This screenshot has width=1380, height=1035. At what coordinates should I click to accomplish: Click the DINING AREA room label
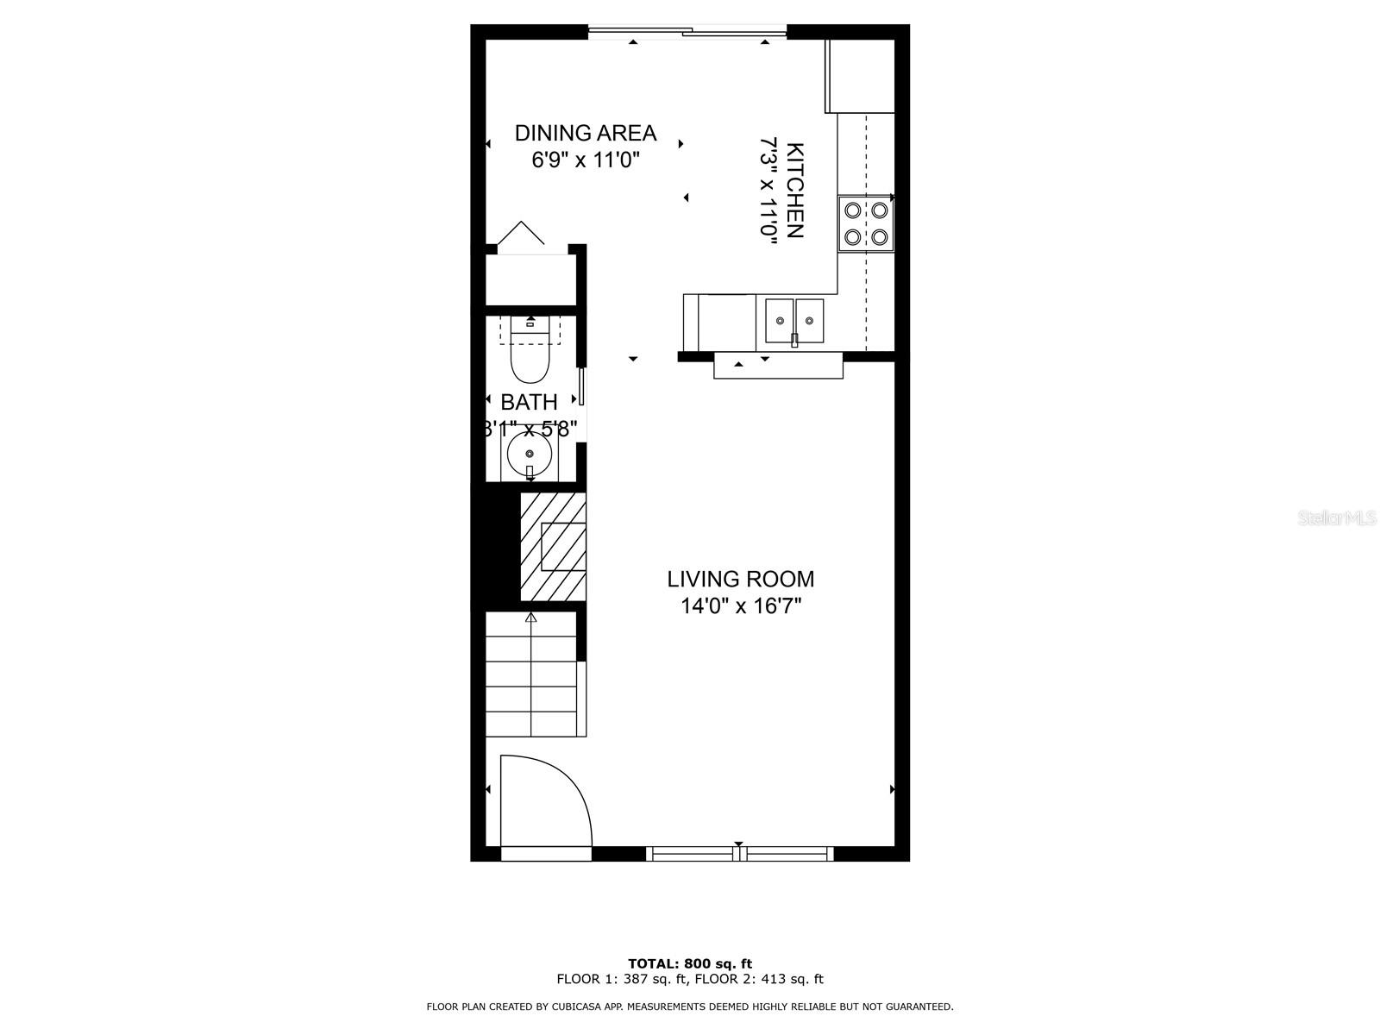(586, 133)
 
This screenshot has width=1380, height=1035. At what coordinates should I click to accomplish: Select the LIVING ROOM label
(740, 579)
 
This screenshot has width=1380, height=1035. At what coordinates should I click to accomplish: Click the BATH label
(529, 402)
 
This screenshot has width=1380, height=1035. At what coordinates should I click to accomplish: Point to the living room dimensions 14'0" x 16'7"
(741, 606)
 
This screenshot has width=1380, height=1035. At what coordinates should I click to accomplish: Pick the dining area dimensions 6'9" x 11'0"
(586, 160)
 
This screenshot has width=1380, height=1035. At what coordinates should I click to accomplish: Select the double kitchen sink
(794, 321)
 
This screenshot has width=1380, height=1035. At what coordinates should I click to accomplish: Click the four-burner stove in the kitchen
(865, 223)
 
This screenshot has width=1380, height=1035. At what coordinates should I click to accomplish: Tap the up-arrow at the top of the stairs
(530, 618)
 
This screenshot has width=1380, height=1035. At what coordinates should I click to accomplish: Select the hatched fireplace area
(553, 546)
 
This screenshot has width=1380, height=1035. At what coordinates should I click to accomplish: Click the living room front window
(739, 854)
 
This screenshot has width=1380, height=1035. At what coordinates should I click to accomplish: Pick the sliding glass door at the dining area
(687, 33)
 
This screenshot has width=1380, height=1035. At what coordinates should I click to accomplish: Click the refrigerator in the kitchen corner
(860, 76)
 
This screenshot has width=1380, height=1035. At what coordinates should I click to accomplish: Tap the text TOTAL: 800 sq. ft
(690, 963)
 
